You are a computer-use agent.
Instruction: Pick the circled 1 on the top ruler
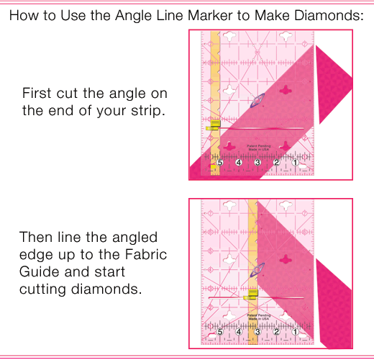point(295,163)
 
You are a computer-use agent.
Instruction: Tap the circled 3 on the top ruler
point(257,163)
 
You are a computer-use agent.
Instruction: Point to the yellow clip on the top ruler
point(213,127)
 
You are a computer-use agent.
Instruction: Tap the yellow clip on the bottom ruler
point(251,296)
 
